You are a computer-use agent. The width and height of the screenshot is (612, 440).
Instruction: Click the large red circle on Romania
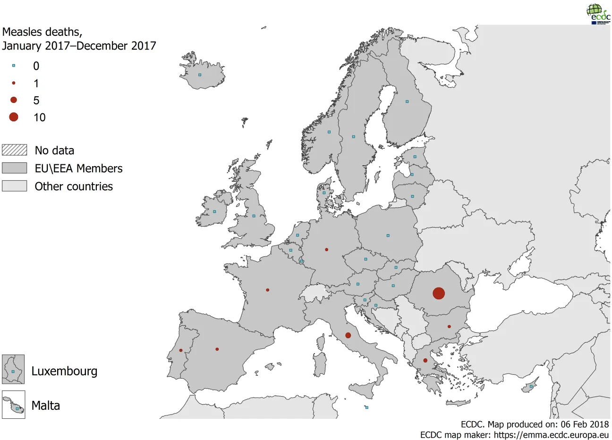[x=439, y=293]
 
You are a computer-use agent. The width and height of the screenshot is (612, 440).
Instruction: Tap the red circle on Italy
[x=348, y=335]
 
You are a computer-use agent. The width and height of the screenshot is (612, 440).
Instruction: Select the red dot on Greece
[x=425, y=360]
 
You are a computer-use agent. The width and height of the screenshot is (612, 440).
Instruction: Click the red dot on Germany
[x=326, y=249]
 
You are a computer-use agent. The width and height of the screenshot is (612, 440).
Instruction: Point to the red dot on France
[x=267, y=290]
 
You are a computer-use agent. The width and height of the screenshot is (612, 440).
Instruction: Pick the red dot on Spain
[x=217, y=349]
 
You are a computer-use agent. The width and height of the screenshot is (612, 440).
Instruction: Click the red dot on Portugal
[x=181, y=350]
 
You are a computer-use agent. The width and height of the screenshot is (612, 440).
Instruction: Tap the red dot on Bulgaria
[x=449, y=326]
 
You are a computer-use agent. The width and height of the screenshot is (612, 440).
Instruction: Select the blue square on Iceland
[x=200, y=75]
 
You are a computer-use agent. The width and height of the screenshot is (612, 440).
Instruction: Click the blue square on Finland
[x=407, y=101]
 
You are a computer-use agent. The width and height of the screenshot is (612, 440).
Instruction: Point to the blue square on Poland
[x=388, y=235]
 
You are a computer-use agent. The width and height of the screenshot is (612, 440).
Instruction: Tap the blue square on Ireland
[x=214, y=212]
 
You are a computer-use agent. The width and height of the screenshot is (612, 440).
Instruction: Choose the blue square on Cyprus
[x=531, y=386]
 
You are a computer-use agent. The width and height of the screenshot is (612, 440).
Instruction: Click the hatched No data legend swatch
[x=14, y=150]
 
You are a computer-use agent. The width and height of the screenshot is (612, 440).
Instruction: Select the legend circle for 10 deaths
[x=14, y=117]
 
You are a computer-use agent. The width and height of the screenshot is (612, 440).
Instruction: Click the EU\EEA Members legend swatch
[x=14, y=168]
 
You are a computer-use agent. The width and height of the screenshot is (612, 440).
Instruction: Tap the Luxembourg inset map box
[x=13, y=369]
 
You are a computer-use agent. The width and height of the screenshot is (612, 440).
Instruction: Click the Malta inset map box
[x=13, y=405]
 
